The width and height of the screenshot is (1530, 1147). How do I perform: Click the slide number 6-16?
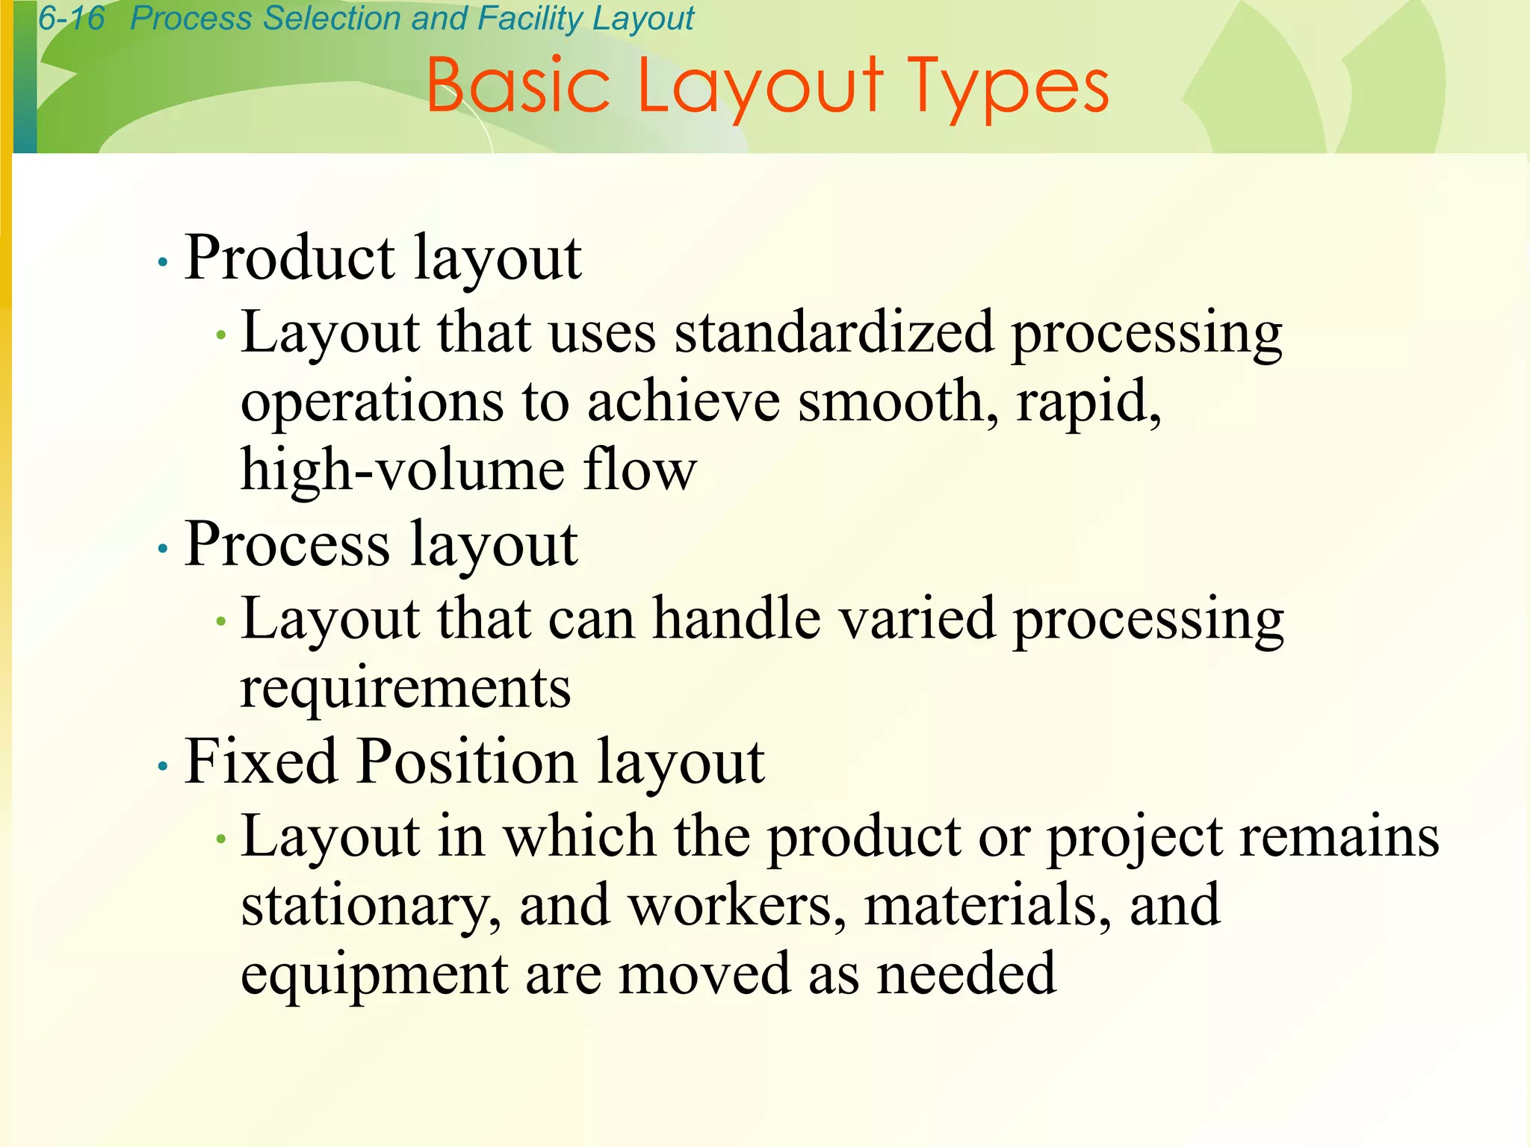72,18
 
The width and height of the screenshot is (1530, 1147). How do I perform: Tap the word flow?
640,470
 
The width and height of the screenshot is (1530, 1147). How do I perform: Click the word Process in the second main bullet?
288,544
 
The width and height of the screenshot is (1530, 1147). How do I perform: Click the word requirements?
406,688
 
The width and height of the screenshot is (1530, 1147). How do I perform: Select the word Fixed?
261,762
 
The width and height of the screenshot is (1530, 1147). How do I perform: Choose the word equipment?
374,975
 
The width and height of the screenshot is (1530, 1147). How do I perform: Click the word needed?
966,974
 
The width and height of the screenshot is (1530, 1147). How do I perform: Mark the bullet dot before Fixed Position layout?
163,766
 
